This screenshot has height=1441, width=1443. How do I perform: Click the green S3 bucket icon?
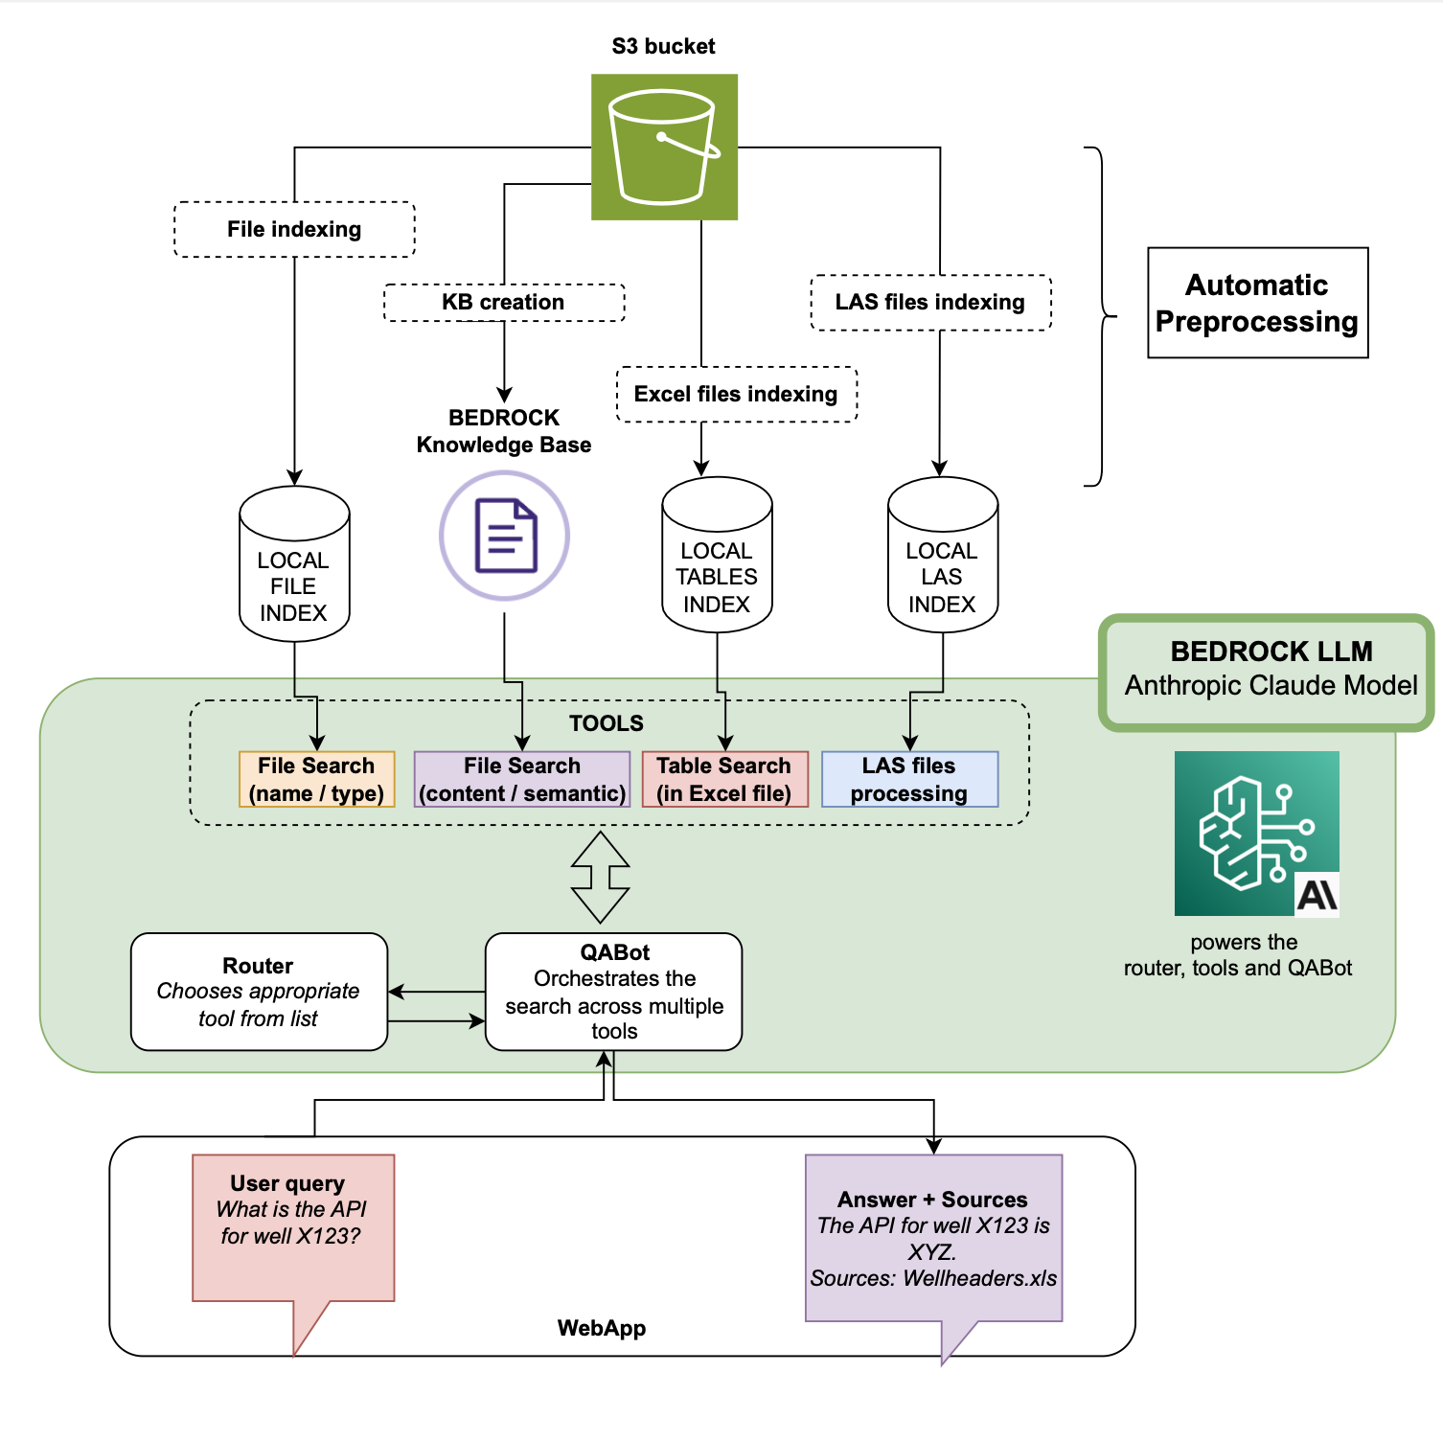[x=664, y=147]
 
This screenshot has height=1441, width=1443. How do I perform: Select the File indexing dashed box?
[x=294, y=229]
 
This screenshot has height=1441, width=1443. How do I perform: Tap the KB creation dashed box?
[x=504, y=302]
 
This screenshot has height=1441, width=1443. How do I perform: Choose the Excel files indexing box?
[x=736, y=394]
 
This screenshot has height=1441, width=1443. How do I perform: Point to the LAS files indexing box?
[x=930, y=303]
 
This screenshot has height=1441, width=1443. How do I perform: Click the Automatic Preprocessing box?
[x=1258, y=303]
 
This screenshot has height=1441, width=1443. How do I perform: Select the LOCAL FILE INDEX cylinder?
[x=294, y=563]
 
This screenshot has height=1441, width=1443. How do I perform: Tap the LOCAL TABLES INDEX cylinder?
[x=717, y=555]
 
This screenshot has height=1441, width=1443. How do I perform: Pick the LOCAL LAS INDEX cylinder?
[x=943, y=555]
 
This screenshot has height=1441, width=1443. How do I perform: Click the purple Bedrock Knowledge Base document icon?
[x=504, y=536]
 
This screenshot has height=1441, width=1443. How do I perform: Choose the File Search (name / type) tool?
[x=316, y=779]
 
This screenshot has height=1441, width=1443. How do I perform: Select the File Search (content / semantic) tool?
[x=522, y=779]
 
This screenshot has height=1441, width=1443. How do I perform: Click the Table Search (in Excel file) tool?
[x=725, y=779]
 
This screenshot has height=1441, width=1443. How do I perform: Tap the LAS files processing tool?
[x=910, y=779]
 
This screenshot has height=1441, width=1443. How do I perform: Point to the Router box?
[x=259, y=992]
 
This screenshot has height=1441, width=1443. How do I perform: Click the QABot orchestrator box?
[x=614, y=992]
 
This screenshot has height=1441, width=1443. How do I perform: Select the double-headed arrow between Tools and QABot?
[x=600, y=877]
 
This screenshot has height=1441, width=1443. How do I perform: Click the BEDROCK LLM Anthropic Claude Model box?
[x=1267, y=673]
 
